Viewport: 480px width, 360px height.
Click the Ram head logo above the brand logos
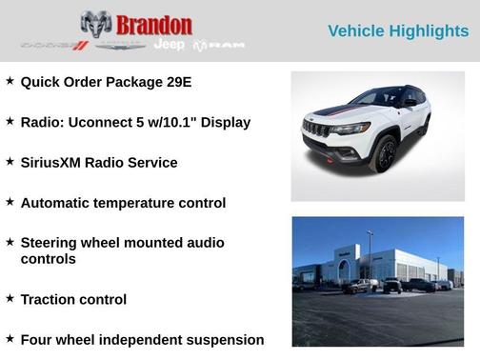pyautogui.click(x=96, y=24)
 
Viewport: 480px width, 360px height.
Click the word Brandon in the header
pyautogui.click(x=155, y=25)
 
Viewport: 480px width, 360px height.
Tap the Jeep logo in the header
pyautogui.click(x=170, y=45)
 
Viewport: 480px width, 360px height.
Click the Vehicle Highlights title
pyautogui.click(x=398, y=31)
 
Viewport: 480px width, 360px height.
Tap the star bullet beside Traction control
pyautogui.click(x=10, y=298)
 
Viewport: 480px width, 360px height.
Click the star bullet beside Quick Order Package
pyautogui.click(x=10, y=81)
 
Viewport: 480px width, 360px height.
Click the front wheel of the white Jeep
pyautogui.click(x=384, y=153)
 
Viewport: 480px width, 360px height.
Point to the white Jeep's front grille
pyautogui.click(x=316, y=130)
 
